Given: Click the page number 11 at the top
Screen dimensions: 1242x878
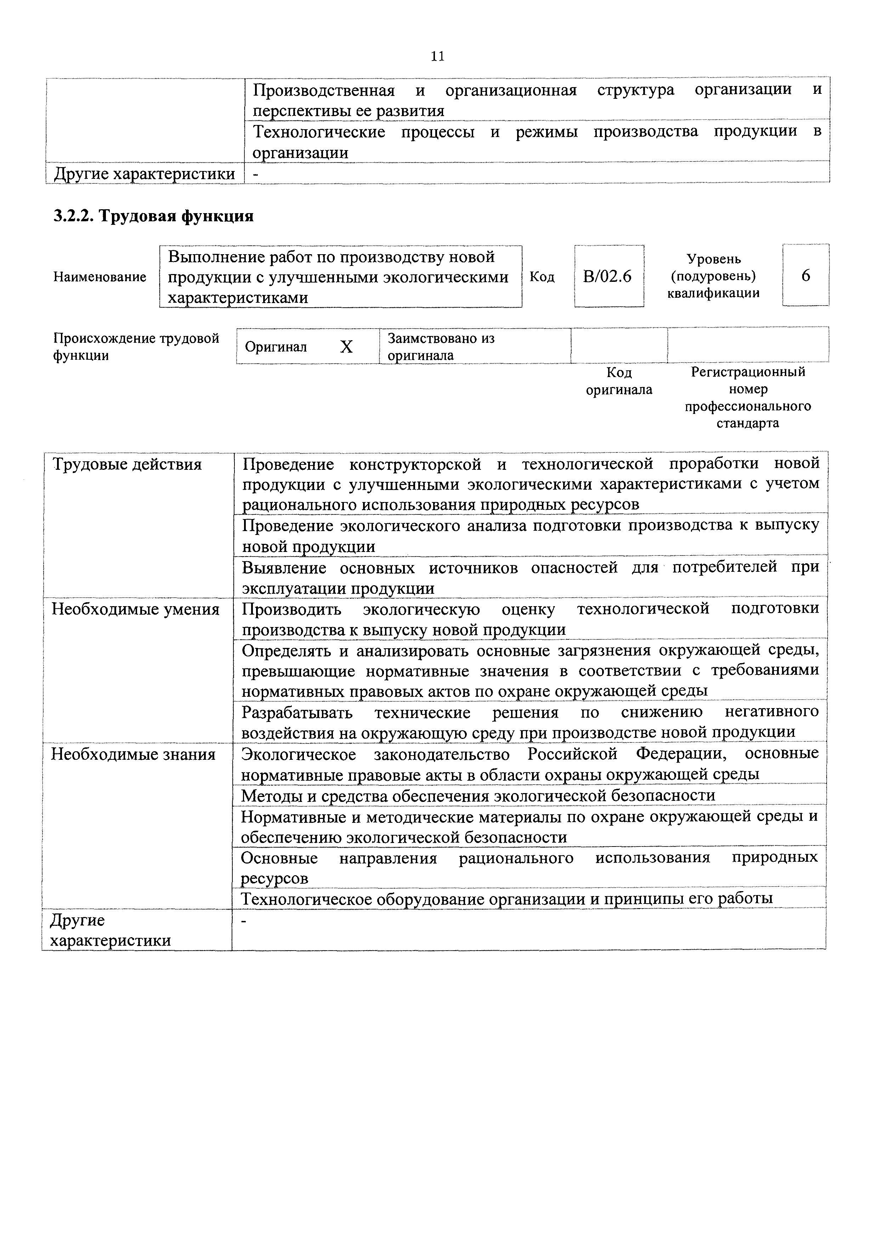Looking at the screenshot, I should point(438,56).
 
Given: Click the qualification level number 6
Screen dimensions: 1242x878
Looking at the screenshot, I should point(805,276).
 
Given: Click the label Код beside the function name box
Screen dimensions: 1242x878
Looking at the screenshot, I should point(542,277).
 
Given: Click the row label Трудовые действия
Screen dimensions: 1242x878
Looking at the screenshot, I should point(126,465).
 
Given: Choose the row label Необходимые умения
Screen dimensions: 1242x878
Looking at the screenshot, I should point(135,610).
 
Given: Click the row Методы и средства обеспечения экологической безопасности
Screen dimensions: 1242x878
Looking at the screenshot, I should point(478,795).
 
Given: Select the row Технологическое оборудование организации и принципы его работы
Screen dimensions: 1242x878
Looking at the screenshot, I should point(506,899).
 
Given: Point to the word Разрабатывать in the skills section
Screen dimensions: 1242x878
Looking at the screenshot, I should point(296,712).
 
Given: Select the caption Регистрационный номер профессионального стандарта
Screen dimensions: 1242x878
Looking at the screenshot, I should point(748,398).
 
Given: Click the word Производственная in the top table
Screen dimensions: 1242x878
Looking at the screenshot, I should point(323,90).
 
